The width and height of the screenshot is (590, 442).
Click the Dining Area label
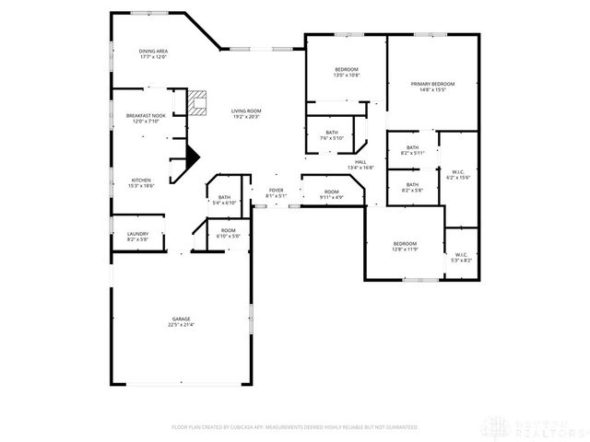[152, 54]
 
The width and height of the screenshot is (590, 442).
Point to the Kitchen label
[141, 182]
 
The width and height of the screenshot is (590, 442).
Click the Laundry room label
[137, 236]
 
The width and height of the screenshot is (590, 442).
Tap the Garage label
[181, 322]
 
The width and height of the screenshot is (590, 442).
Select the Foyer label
[277, 192]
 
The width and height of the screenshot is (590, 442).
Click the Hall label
[360, 165]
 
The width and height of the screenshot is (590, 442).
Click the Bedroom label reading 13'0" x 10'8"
[346, 73]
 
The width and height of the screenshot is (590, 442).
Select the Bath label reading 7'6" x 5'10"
[331, 135]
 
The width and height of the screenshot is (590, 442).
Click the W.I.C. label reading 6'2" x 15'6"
[458, 174]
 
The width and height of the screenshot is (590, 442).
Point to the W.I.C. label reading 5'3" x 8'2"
[460, 257]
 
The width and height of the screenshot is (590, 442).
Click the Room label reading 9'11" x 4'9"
[331, 194]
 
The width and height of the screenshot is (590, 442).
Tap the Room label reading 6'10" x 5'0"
[229, 233]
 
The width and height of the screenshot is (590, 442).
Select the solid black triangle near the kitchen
[192, 157]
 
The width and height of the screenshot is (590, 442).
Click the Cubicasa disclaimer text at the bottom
[295, 427]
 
